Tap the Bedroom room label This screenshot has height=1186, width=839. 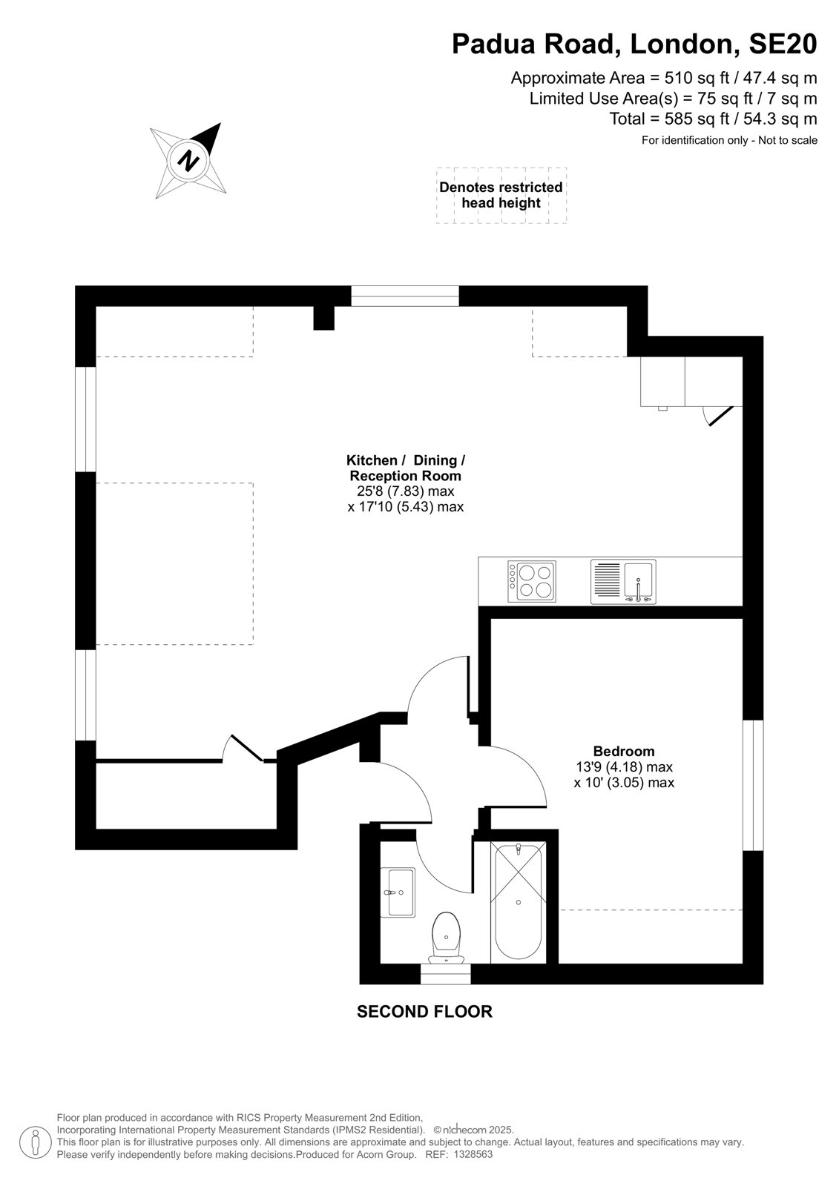click(x=624, y=751)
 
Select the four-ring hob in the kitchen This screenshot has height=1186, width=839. click(x=532, y=581)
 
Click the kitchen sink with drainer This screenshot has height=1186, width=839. click(x=623, y=581)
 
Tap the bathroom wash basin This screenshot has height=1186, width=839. click(x=398, y=892)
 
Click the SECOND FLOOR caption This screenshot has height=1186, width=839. click(x=424, y=1012)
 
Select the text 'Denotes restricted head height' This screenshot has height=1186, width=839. click(x=501, y=195)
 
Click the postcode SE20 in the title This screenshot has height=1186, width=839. click(x=783, y=44)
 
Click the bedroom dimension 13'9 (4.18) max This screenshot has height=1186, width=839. click(x=624, y=766)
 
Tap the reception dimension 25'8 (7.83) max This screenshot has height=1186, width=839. click(x=406, y=491)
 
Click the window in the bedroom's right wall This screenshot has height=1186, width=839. click(x=753, y=785)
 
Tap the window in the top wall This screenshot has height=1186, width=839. click(x=405, y=296)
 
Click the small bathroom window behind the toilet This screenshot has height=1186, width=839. click(x=445, y=974)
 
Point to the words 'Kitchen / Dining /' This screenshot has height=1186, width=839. click(x=406, y=460)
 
